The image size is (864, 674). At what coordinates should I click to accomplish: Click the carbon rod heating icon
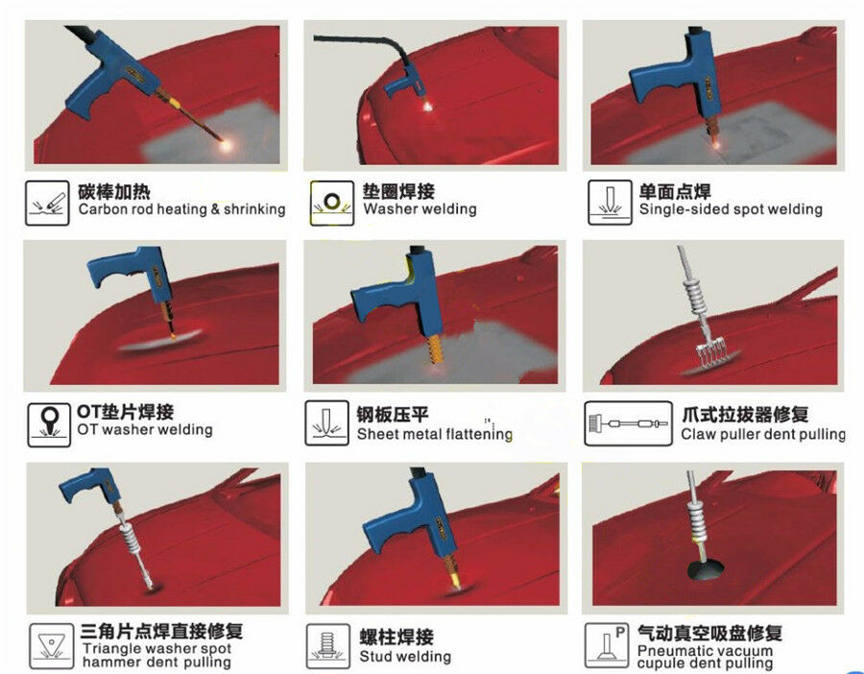(x=47, y=203)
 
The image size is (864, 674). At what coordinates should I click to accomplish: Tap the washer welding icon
(x=332, y=203)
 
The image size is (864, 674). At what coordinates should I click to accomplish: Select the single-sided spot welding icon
(x=610, y=203)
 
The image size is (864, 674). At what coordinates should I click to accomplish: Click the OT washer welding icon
(x=49, y=425)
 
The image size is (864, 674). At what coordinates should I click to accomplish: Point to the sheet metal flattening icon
(x=326, y=422)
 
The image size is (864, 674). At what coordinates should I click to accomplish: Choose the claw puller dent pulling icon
(x=628, y=422)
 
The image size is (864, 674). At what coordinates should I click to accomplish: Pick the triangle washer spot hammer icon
(x=51, y=646)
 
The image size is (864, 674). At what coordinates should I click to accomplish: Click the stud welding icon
(x=328, y=646)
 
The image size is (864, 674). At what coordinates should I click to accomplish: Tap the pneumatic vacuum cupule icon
(x=607, y=645)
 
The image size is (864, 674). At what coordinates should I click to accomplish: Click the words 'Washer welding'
(x=420, y=209)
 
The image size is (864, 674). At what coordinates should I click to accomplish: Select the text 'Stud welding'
(x=405, y=657)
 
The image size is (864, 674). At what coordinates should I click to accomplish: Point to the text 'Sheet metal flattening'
(x=435, y=434)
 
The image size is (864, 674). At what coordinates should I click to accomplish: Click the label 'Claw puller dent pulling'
(x=763, y=434)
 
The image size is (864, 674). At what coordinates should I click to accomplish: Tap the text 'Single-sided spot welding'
(x=731, y=209)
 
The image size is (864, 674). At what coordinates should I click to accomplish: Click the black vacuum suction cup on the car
(x=706, y=570)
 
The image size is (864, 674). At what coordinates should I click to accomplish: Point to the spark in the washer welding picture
(x=427, y=106)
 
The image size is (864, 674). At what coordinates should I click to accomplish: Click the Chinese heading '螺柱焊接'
(x=396, y=637)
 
